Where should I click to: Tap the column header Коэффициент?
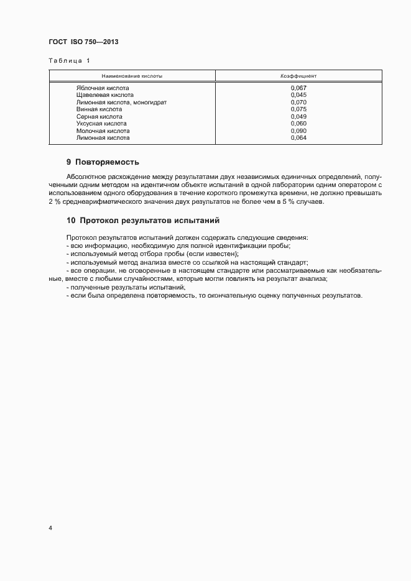[298, 76]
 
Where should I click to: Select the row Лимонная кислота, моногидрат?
[121, 103]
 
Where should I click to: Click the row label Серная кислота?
[99, 117]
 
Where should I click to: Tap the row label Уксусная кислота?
[101, 124]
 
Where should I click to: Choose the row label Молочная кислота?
[103, 131]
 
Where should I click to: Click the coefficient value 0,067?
[298, 88]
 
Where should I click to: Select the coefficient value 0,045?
[298, 95]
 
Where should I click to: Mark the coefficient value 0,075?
[298, 109]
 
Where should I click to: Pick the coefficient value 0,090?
[298, 131]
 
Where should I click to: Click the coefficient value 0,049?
[298, 117]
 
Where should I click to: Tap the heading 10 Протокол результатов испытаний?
[142, 221]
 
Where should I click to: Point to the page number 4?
[50, 528]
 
